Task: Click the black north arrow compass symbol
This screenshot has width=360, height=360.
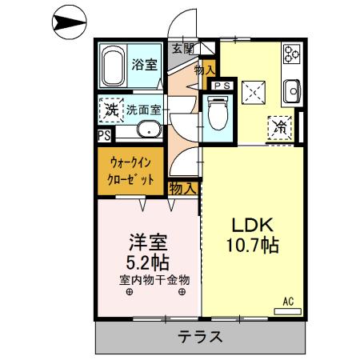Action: pyautogui.click(x=68, y=25)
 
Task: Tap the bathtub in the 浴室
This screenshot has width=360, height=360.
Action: pyautogui.click(x=113, y=66)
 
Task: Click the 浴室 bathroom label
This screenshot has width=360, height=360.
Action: pyautogui.click(x=144, y=66)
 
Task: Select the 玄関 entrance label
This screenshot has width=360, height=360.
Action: pyautogui.click(x=182, y=48)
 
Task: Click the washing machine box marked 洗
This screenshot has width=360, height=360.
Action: pyautogui.click(x=109, y=108)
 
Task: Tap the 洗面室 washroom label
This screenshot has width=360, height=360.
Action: pyautogui.click(x=144, y=110)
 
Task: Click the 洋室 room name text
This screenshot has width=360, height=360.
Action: pyautogui.click(x=148, y=240)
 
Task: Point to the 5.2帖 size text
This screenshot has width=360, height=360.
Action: pyautogui.click(x=146, y=261)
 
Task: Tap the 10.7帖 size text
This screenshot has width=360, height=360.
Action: pyautogui.click(x=252, y=246)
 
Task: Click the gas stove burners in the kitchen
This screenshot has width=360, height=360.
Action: pyautogui.click(x=290, y=55)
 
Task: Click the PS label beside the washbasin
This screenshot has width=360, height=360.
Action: pyautogui.click(x=104, y=135)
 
